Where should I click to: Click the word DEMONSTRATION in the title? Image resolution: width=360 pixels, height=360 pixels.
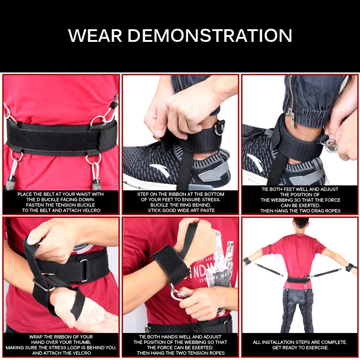pos(210,36)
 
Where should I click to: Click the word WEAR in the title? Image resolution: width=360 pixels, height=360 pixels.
pos(95,36)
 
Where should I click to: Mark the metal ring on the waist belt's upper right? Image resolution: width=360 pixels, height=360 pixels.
pos(97,120)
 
